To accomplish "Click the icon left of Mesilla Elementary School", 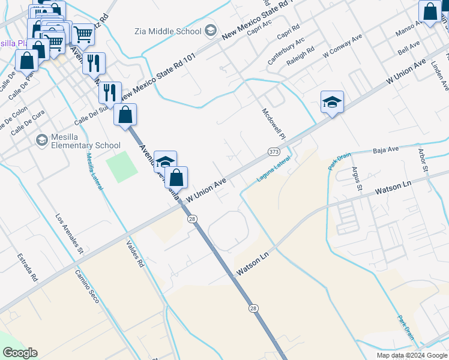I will click(41, 140).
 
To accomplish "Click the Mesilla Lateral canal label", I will click(94, 171).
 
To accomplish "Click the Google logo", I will click(20, 353).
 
